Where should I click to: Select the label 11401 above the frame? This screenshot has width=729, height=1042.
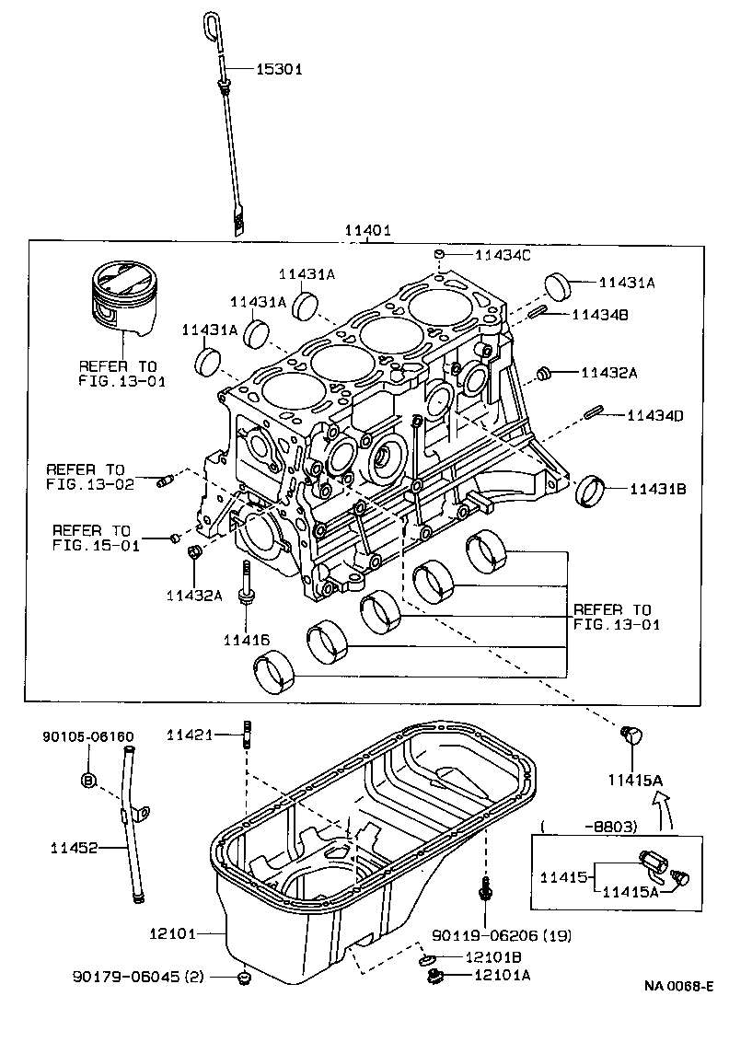[368, 232]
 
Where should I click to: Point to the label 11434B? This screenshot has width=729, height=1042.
[599, 315]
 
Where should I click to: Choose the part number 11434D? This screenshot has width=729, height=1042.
[655, 416]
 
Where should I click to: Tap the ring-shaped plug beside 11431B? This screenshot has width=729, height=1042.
[588, 492]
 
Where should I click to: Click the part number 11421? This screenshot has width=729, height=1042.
[191, 734]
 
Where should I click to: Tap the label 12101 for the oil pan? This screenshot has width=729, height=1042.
[173, 933]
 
